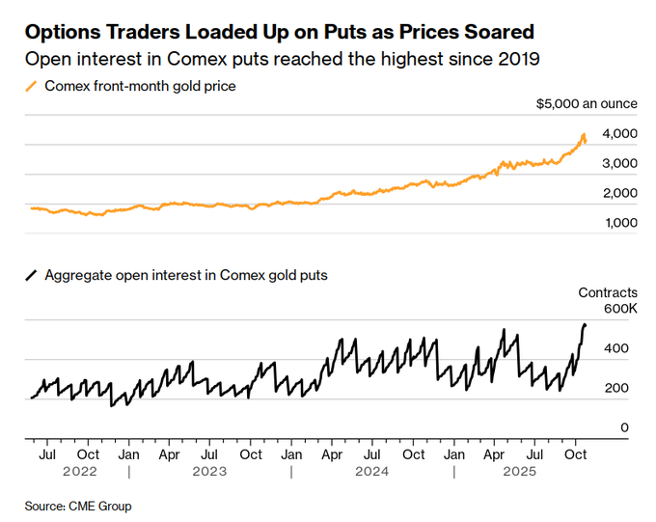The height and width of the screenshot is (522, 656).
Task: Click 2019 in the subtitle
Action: tap(520, 59)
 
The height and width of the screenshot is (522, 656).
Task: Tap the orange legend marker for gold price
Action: tap(31, 86)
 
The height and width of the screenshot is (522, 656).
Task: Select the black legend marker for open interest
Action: tap(31, 275)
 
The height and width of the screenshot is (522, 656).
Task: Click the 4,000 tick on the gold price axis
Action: tap(620, 133)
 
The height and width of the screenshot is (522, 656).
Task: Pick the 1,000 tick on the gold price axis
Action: tap(620, 223)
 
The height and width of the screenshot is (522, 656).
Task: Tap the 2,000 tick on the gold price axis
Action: tap(620, 193)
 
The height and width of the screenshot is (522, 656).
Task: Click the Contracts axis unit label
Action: tap(608, 291)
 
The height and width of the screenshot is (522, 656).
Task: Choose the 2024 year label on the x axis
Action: tap(371, 472)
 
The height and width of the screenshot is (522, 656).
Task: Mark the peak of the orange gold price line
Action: tap(584, 134)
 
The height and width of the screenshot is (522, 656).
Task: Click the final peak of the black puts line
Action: tap(585, 325)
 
